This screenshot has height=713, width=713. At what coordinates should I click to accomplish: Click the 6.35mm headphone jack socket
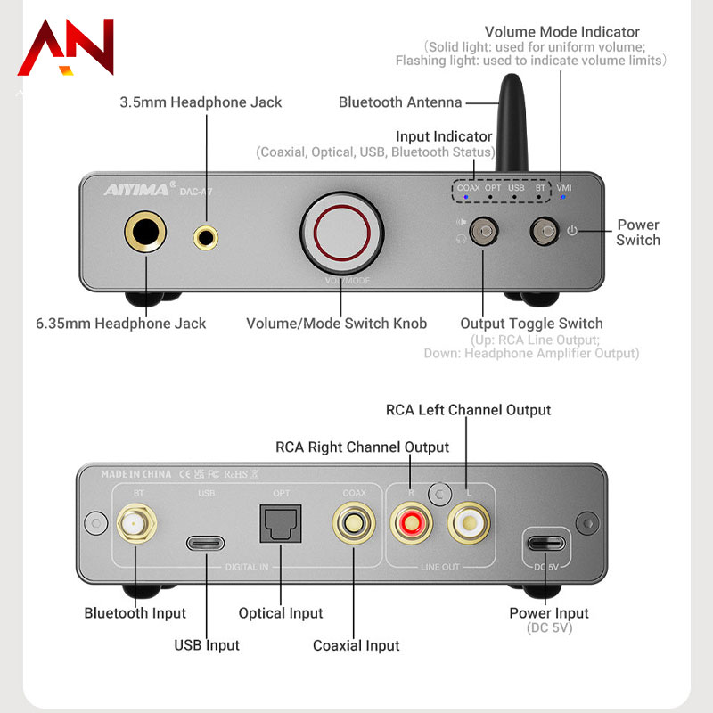click(x=145, y=234)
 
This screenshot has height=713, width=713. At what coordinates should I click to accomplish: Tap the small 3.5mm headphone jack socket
click(x=207, y=236)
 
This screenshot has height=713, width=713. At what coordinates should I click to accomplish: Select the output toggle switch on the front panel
click(x=484, y=233)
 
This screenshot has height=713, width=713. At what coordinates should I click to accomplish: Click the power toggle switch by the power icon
click(x=543, y=233)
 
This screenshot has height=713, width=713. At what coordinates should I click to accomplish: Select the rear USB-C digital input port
click(x=206, y=542)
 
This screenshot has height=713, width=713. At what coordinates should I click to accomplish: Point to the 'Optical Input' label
click(x=280, y=613)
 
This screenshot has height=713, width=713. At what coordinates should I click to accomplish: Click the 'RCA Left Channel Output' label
click(x=468, y=410)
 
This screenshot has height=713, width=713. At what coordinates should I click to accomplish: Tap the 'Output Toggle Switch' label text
click(x=531, y=324)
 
